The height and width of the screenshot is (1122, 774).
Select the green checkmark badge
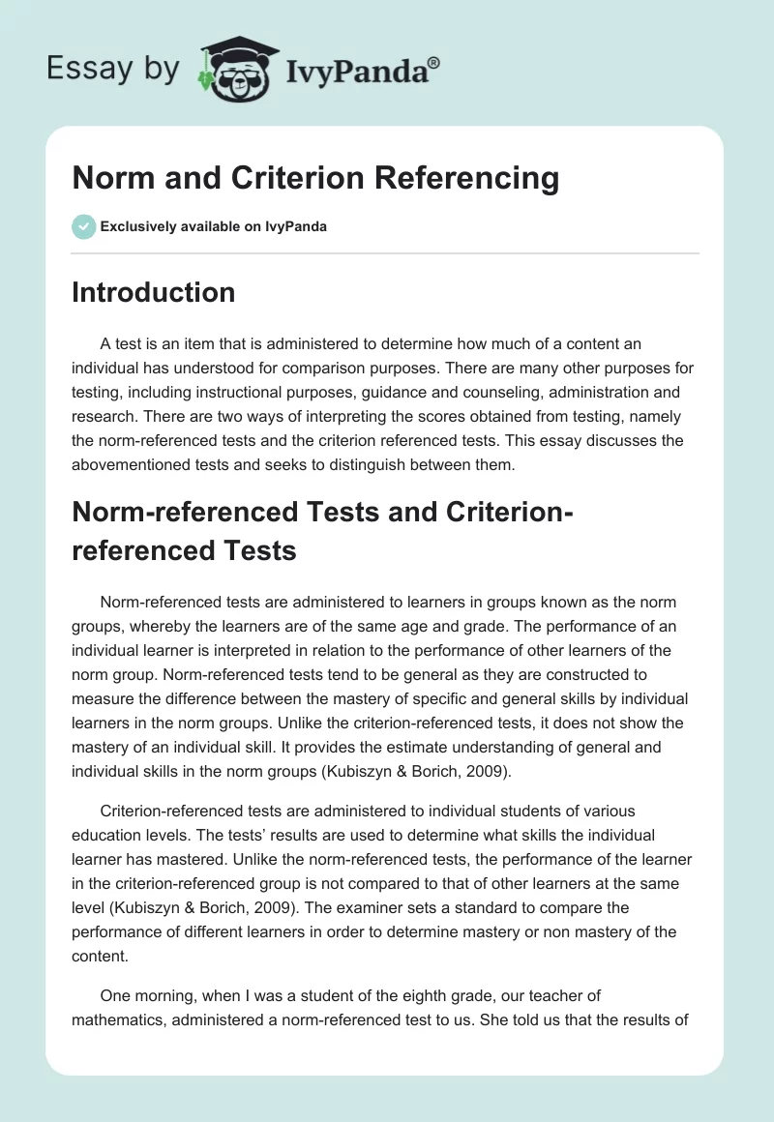coord(83,226)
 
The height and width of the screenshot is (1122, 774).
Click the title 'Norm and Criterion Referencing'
coord(315,178)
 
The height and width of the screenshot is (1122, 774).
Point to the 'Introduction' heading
coord(153,292)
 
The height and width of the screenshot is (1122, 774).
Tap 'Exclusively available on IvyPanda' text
coord(213,226)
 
